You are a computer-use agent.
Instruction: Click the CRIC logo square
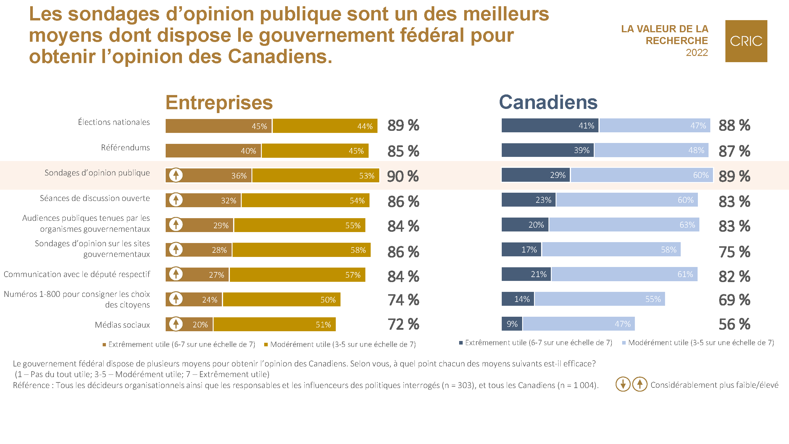tap(746, 41)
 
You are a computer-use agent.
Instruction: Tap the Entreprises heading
tap(219, 102)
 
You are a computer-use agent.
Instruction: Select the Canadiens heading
tap(548, 102)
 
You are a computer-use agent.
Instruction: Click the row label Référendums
tap(125, 148)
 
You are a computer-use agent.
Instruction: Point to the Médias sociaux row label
tap(122, 325)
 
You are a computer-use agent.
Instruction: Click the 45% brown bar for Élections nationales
tap(218, 126)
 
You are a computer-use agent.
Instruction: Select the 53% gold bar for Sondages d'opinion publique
tap(315, 176)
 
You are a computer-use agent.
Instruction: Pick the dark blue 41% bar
tap(550, 126)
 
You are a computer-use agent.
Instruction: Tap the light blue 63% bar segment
tap(624, 225)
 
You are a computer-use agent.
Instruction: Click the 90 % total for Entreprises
tap(403, 176)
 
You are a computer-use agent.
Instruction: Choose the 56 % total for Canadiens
tap(734, 324)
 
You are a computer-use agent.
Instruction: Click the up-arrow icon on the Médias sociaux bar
tap(176, 324)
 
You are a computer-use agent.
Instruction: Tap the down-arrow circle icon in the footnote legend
tap(623, 384)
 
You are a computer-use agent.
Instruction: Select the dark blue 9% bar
tap(512, 324)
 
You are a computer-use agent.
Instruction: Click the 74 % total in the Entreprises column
tap(403, 300)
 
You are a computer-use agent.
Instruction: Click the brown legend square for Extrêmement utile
tap(104, 345)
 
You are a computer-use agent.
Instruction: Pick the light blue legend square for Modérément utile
tap(624, 343)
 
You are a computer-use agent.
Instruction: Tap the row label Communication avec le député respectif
tap(77, 274)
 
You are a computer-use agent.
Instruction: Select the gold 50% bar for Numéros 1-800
tap(281, 299)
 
